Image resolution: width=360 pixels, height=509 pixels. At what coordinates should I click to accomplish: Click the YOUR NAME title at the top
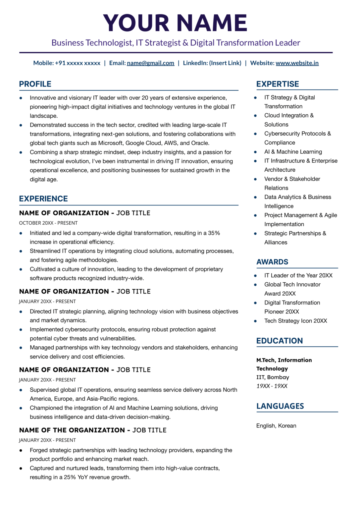175,23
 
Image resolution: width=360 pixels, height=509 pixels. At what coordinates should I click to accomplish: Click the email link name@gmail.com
150,63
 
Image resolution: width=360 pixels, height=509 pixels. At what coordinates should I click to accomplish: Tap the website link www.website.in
297,63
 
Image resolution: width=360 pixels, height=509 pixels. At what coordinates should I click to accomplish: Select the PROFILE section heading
35,84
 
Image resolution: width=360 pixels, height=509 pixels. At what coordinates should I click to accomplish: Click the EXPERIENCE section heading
43,199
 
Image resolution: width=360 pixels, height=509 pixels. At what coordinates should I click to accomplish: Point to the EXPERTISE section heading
278,84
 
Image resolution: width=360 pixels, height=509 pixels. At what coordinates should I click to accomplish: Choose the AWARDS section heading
272,262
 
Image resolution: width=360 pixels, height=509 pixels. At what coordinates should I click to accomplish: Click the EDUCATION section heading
280,341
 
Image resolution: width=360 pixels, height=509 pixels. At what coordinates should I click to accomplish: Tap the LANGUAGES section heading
280,406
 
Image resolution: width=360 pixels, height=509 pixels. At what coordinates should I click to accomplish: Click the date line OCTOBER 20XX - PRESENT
48,223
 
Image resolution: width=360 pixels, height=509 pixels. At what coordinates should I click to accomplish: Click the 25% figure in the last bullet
70,477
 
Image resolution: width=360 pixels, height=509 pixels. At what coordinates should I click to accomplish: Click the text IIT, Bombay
273,377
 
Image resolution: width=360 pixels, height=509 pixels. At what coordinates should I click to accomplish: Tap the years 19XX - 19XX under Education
272,386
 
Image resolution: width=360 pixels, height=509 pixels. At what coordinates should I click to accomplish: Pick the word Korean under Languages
287,426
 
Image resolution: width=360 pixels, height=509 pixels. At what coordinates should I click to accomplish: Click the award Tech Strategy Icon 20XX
295,321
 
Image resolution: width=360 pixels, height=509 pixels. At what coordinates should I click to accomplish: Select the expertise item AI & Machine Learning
293,152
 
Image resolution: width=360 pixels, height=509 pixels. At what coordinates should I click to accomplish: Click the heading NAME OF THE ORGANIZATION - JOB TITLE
93,430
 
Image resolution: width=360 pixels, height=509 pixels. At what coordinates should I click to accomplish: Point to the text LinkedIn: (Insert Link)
212,63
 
